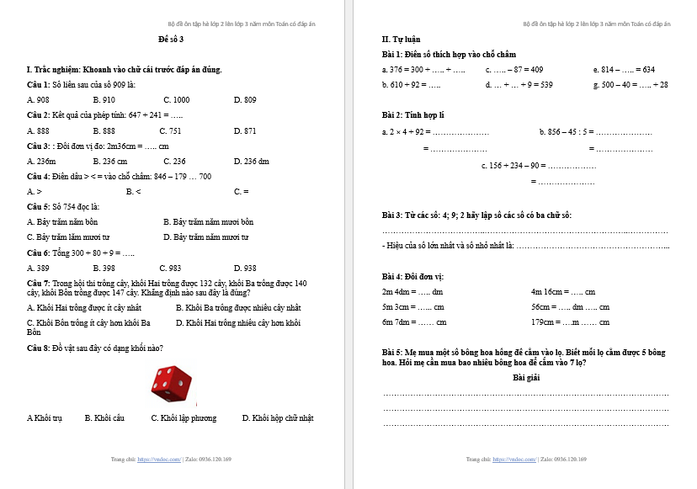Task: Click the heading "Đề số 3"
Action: coord(170,40)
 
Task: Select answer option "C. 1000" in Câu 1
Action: coord(176,100)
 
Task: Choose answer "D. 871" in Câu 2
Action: coord(245,131)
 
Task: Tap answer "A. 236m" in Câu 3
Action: coord(41,162)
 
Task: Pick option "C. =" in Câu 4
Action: coord(241,192)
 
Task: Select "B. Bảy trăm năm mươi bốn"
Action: coord(208,222)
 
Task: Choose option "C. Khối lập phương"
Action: coord(184,418)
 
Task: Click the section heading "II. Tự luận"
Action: coord(401,40)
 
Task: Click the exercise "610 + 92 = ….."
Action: coord(411,85)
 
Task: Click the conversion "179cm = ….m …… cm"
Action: coord(570,322)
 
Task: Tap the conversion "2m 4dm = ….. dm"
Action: coord(412,292)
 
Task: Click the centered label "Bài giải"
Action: coord(526,378)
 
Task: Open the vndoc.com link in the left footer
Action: coord(159,460)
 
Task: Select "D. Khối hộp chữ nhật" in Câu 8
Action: coord(277,418)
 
